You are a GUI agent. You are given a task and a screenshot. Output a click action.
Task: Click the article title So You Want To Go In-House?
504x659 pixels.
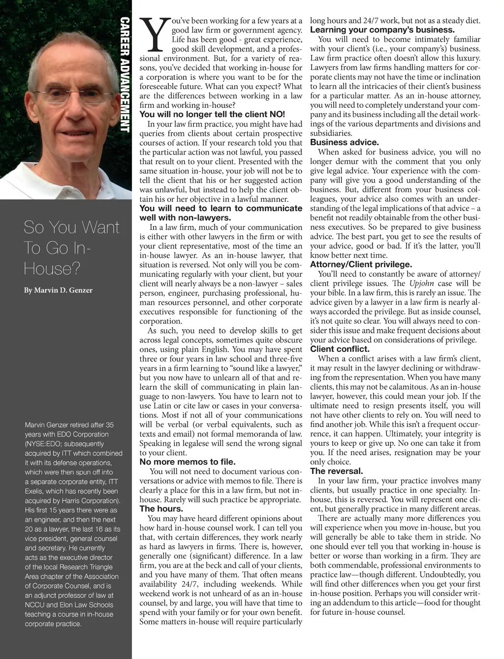pos(71,248)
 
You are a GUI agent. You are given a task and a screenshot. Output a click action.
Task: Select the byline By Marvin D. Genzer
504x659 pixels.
pos(58,290)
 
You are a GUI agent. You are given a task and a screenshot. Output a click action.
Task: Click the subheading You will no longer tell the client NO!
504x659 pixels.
pos(213,114)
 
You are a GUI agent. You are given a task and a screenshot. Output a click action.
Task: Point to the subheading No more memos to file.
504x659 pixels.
pos(188,462)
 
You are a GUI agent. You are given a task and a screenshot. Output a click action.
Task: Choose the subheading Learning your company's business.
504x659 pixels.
pos(382,30)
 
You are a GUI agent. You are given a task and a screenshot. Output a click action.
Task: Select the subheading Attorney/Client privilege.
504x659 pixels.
pos(361,264)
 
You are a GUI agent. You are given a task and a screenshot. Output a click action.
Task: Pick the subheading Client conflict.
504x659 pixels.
pos(340,349)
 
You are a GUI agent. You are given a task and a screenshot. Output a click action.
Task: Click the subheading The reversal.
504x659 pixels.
pos(335,471)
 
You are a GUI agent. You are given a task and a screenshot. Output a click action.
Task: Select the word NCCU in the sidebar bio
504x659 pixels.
pos(35,605)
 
